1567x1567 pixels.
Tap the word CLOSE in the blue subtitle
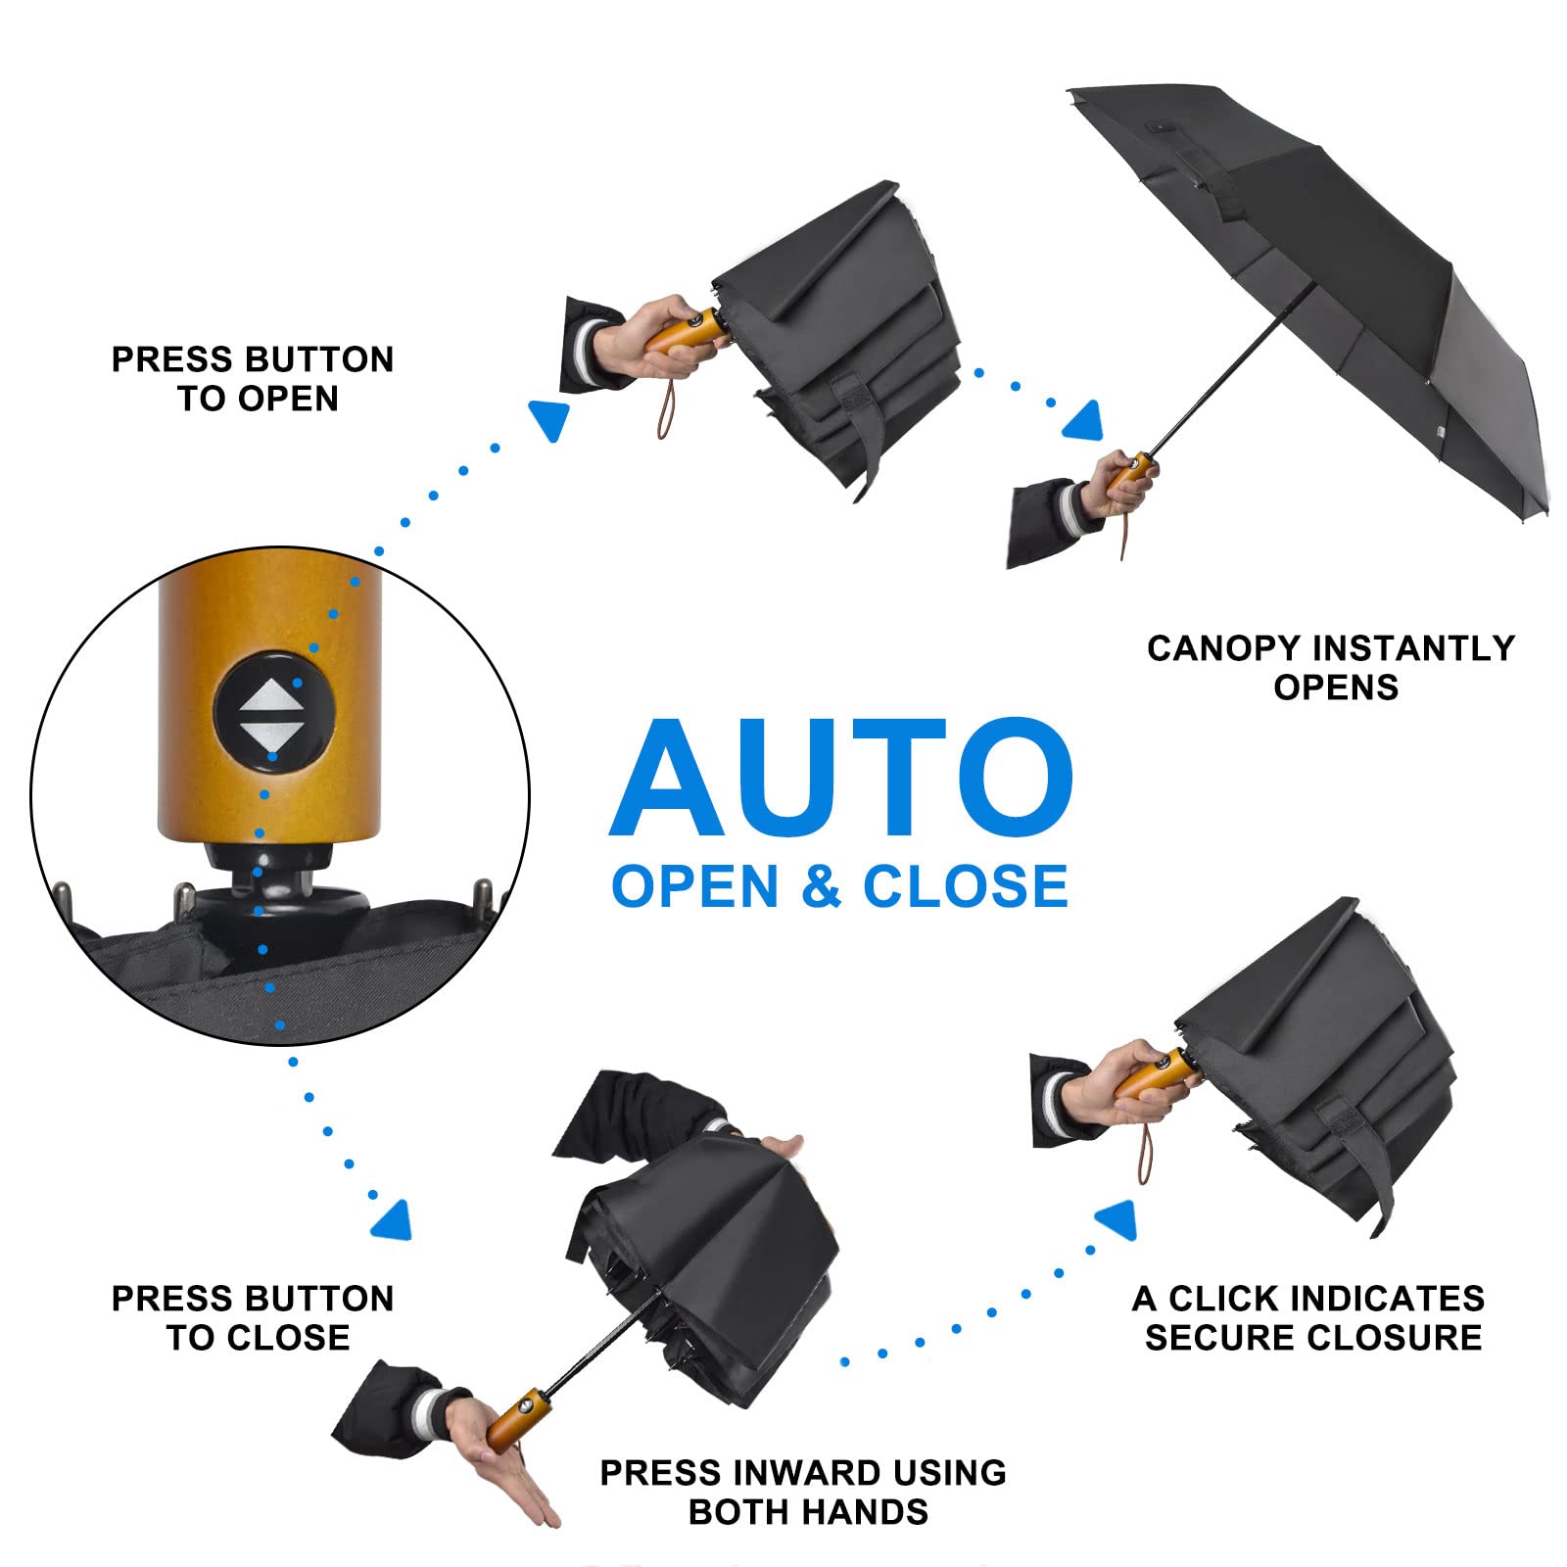(x=965, y=887)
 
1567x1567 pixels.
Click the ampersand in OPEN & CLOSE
(x=821, y=887)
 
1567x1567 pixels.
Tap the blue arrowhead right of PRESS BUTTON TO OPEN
(x=549, y=419)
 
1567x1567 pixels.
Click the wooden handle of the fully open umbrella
(x=1129, y=475)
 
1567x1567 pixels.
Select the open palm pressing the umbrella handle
(x=509, y=1469)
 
